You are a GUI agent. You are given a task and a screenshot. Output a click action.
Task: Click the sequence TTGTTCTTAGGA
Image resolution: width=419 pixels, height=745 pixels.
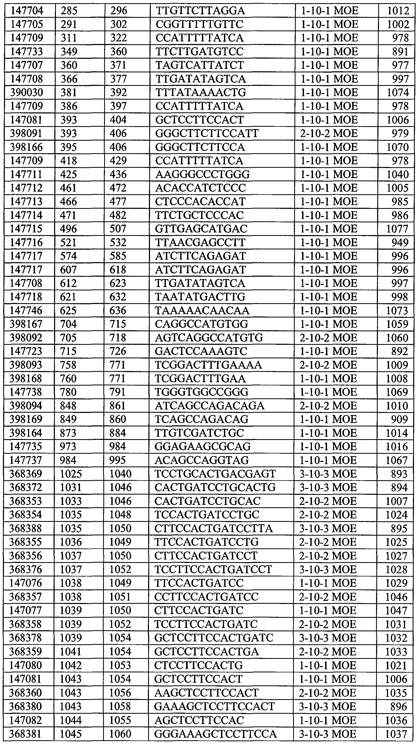pyautogui.click(x=200, y=11)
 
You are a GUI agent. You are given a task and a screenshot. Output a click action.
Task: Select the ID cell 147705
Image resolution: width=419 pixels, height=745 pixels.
pyautogui.click(x=27, y=24)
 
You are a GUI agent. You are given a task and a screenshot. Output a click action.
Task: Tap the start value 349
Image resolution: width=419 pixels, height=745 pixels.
pyautogui.click(x=69, y=51)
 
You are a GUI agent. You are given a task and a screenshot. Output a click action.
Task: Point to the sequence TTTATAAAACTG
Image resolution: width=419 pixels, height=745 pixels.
pyautogui.click(x=201, y=92)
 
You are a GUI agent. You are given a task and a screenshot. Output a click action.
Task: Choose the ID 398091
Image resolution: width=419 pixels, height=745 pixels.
pyautogui.click(x=26, y=133)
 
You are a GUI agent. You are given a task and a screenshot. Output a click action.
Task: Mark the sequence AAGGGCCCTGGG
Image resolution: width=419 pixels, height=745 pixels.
pyautogui.click(x=202, y=174)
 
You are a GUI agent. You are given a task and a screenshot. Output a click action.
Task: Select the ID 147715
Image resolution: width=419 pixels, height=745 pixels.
pyautogui.click(x=26, y=229)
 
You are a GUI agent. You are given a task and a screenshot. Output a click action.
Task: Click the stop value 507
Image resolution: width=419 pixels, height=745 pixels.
pyautogui.click(x=118, y=229)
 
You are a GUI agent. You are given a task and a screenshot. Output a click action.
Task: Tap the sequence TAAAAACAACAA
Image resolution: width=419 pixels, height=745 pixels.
pyautogui.click(x=202, y=311)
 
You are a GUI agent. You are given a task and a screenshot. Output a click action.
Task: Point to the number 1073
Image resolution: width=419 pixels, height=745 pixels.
pyautogui.click(x=397, y=311)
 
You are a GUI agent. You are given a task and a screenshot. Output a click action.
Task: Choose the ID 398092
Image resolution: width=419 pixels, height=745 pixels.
pyautogui.click(x=26, y=338)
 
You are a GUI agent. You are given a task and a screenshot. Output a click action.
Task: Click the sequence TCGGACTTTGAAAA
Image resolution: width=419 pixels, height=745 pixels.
pyautogui.click(x=208, y=365)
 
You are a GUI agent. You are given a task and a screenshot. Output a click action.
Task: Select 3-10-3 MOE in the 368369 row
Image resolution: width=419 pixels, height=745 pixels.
pyautogui.click(x=328, y=474)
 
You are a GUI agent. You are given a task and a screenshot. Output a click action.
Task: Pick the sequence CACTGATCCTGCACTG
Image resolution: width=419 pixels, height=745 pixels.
pyautogui.click(x=215, y=488)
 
